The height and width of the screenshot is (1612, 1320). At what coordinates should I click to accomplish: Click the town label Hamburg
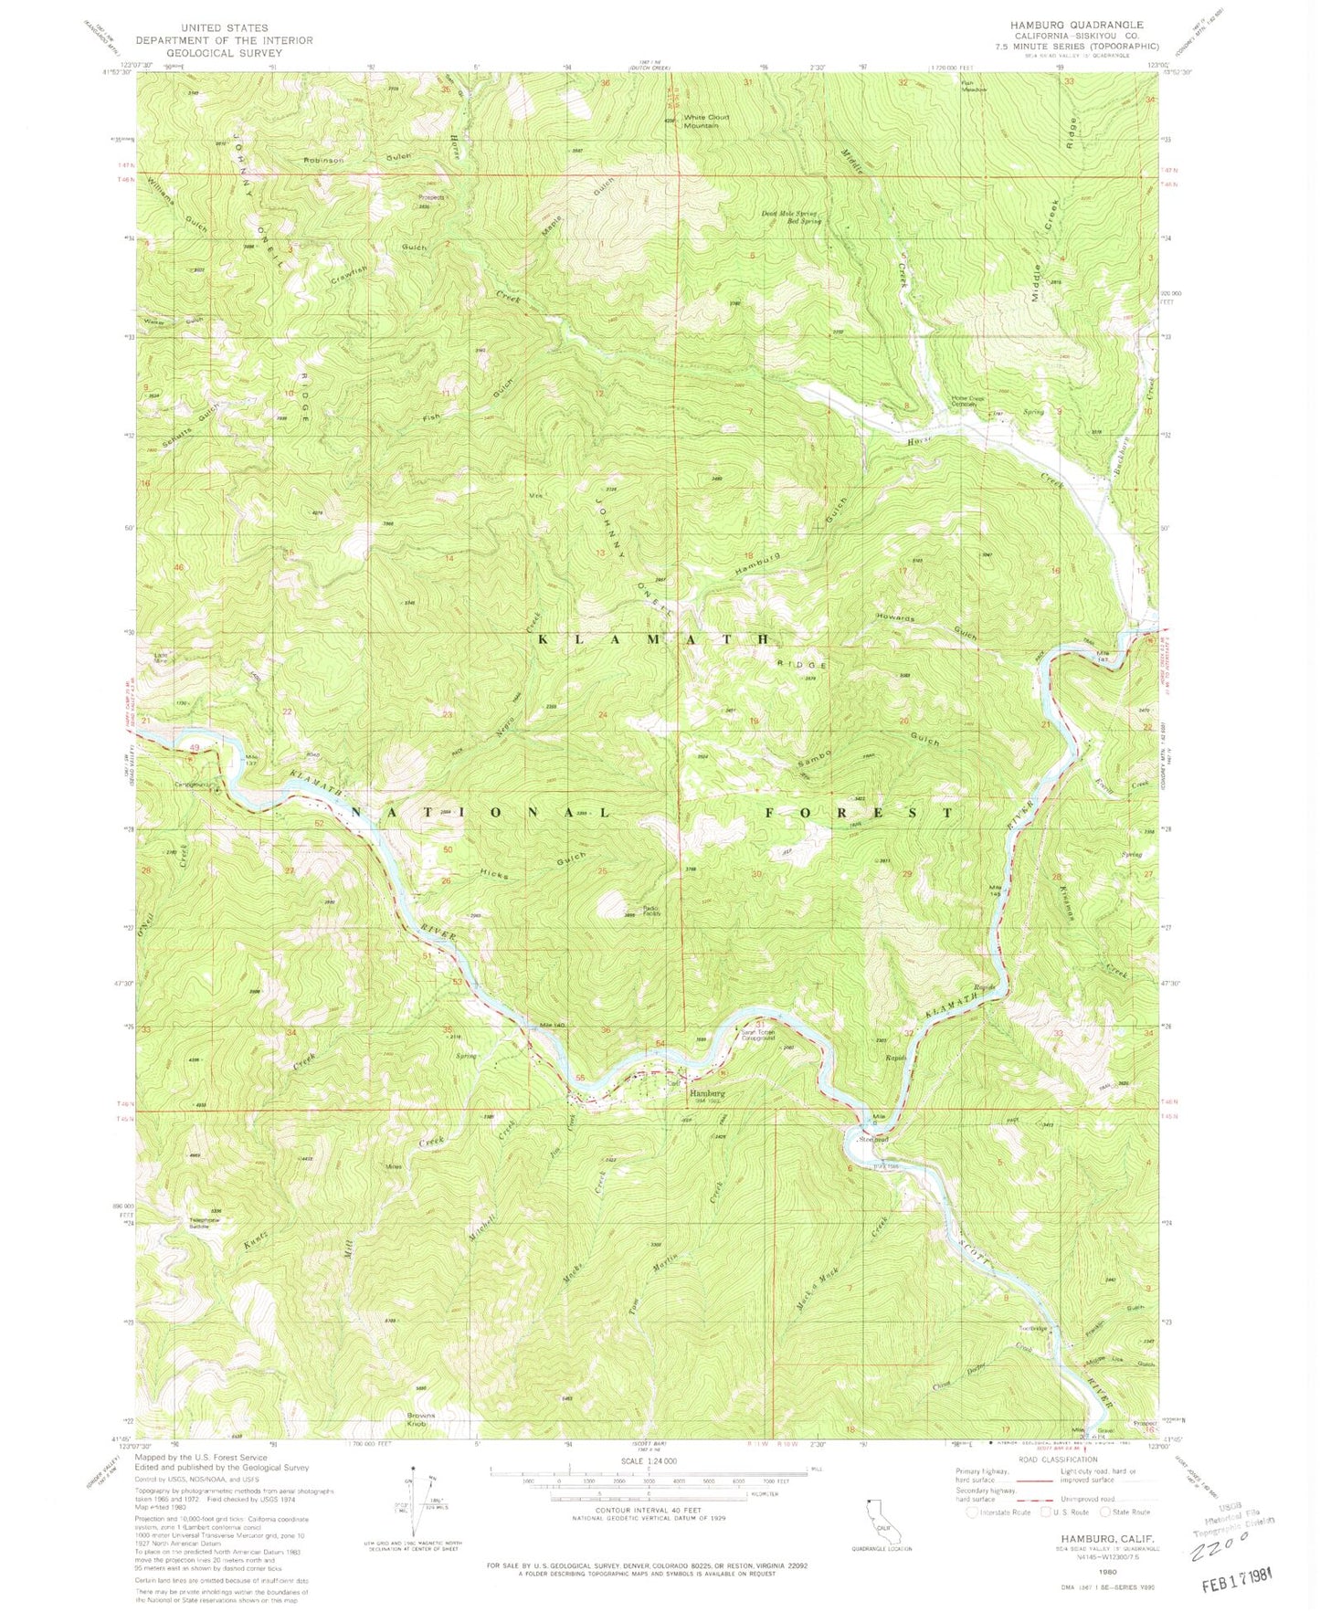point(707,1093)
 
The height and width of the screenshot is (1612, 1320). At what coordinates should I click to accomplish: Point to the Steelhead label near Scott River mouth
point(873,1138)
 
